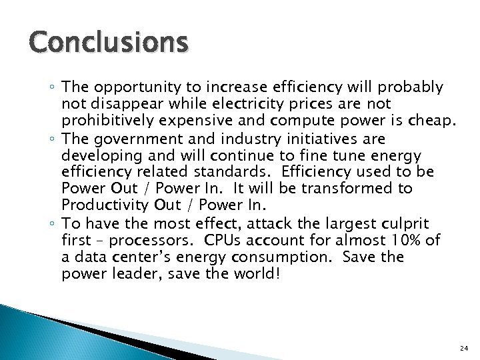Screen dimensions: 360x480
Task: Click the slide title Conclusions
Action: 109,43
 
